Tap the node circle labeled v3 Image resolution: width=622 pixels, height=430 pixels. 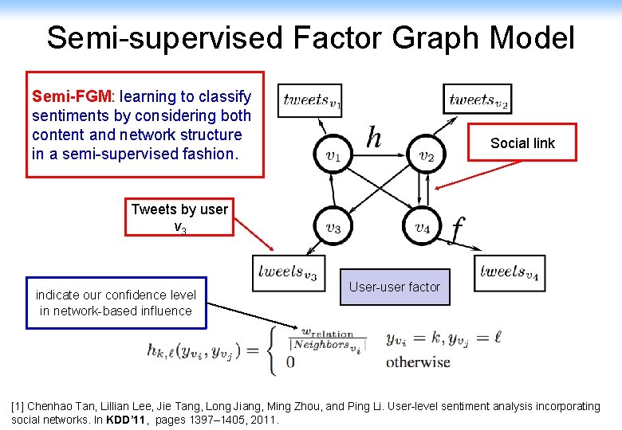[333, 228]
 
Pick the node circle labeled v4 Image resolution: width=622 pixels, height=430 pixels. [423, 228]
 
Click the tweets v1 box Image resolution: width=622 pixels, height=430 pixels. [313, 100]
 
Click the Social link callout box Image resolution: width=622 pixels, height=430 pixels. [522, 143]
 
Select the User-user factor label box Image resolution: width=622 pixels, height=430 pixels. [395, 287]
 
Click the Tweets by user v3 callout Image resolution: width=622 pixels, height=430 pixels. [179, 217]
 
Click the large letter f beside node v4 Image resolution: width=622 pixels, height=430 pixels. [456, 230]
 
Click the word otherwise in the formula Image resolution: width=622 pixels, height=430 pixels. [418, 362]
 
